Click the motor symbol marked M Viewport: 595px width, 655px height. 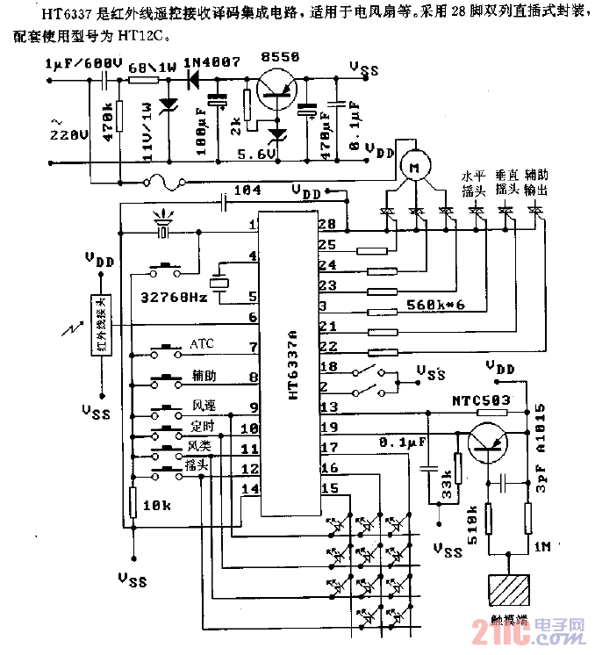tap(410, 163)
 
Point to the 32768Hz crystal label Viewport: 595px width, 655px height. tap(175, 297)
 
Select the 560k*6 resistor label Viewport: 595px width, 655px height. tap(436, 306)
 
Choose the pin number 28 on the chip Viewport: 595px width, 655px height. tap(326, 224)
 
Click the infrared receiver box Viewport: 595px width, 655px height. tap(101, 322)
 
